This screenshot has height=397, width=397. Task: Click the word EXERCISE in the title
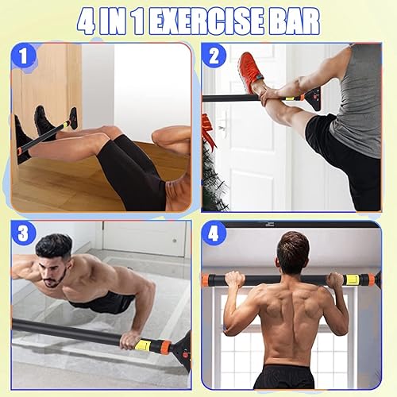(x=209, y=21)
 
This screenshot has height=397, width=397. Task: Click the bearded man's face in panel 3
(x=55, y=271)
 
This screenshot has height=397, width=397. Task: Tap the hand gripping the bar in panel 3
(x=127, y=340)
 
